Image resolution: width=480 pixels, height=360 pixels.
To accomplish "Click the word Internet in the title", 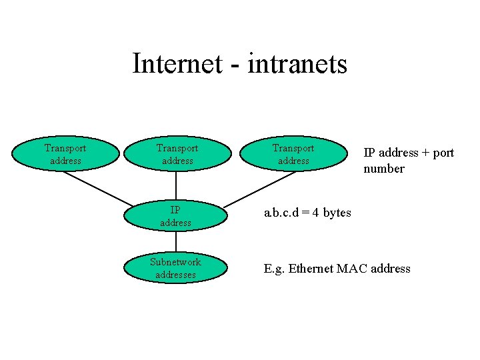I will click(x=177, y=64).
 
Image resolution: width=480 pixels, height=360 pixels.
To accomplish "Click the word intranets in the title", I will click(x=297, y=64).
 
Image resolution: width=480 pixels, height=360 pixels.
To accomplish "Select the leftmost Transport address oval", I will click(x=65, y=154).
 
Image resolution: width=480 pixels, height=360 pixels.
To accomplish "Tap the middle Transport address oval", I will click(x=177, y=154).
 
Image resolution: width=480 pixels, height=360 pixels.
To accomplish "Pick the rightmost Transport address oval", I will click(x=293, y=154).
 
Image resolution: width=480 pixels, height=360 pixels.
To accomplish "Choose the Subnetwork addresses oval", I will click(x=175, y=268).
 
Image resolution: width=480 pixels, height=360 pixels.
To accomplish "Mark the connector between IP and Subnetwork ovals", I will click(x=176, y=241).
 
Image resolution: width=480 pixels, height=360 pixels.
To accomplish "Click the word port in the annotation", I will click(x=443, y=153).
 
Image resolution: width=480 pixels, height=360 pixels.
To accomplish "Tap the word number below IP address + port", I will click(x=383, y=169).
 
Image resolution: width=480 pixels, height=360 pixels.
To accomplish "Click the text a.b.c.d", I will click(x=282, y=213).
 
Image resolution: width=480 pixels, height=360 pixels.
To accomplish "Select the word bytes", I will click(x=337, y=213).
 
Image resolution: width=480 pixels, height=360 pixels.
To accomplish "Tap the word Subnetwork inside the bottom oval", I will click(x=175, y=262).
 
